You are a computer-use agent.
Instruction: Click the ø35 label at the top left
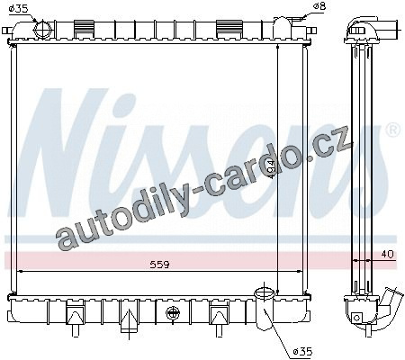point(19,8)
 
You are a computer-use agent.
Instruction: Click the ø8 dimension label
point(319,6)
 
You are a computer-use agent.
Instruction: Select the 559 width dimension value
point(159,265)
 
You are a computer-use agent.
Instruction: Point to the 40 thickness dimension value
point(387,255)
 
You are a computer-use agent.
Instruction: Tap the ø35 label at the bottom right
point(303,351)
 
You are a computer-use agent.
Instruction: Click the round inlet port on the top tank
point(43,30)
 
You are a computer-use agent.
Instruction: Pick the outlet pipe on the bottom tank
point(265,309)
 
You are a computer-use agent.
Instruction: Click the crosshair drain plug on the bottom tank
point(173,313)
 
